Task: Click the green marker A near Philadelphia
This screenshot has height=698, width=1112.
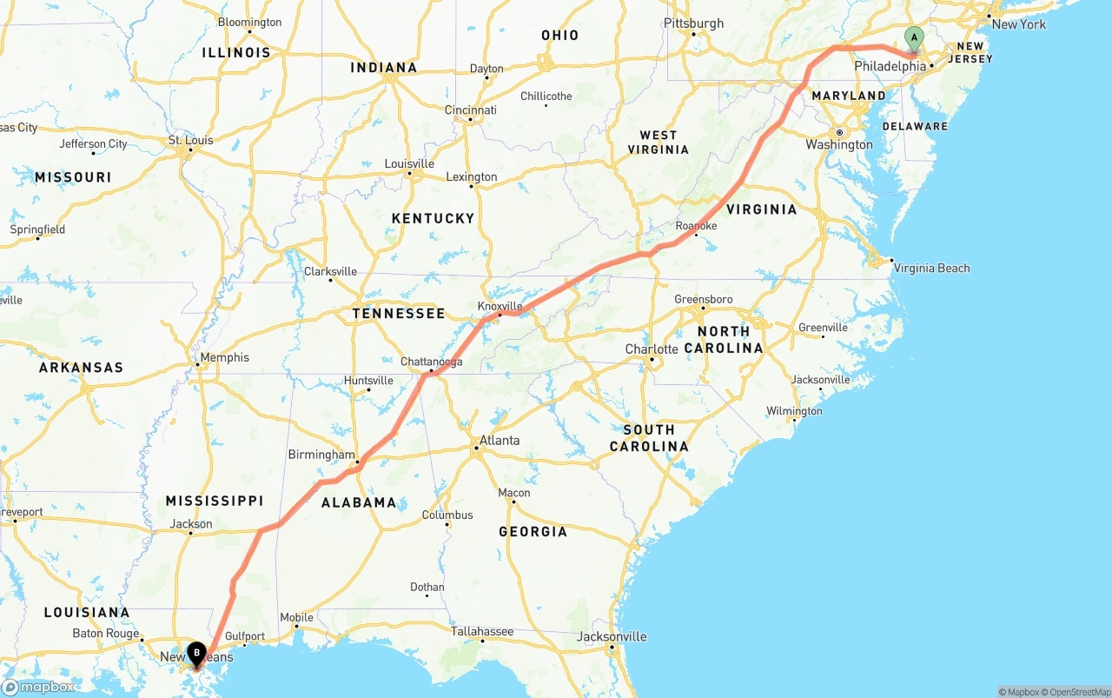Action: click(913, 37)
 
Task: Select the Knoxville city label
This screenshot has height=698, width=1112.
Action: click(500, 306)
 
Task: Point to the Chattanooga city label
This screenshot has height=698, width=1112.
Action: click(431, 362)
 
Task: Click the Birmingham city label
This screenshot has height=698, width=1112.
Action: click(321, 455)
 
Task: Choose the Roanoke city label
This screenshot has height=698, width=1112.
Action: click(696, 226)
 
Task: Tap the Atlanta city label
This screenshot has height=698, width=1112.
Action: click(500, 441)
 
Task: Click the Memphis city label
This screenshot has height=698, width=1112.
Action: click(224, 357)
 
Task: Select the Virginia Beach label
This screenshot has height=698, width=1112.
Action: click(931, 268)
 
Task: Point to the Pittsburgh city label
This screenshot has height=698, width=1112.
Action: click(693, 23)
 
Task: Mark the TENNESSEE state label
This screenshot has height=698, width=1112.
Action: click(399, 313)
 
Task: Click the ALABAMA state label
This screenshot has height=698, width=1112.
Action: click(359, 502)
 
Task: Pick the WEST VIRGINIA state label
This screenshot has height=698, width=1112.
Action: click(658, 142)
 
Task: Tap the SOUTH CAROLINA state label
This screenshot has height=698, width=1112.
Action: click(649, 437)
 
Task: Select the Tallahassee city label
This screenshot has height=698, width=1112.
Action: click(482, 631)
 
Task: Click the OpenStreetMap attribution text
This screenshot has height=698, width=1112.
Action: click(1078, 692)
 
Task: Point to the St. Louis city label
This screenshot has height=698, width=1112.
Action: click(190, 140)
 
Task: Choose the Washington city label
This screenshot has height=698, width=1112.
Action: click(838, 144)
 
